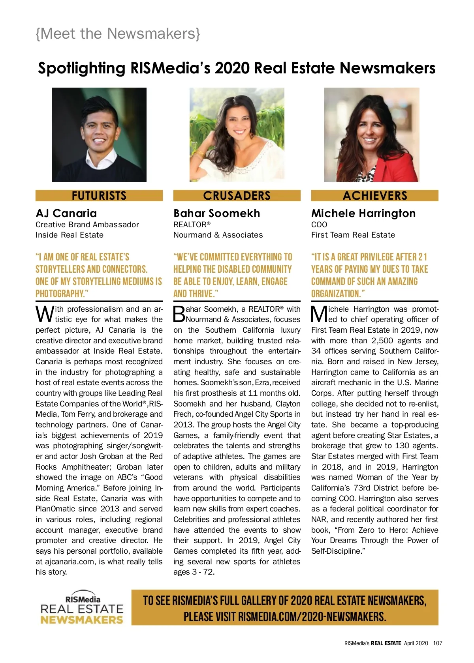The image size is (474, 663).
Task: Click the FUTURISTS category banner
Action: pyautogui.click(x=99, y=196)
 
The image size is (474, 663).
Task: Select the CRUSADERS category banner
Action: pyautogui.click(x=237, y=196)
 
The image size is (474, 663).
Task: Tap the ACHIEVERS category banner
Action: pyautogui.click(x=374, y=196)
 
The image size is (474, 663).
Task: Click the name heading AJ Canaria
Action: pyautogui.click(x=66, y=214)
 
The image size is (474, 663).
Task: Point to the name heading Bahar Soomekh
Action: pyautogui.click(x=216, y=214)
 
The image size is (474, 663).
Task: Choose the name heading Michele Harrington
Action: pyautogui.click(x=363, y=214)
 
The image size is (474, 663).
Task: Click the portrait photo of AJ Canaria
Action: pyautogui.click(x=99, y=135)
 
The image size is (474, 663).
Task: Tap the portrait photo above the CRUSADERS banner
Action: pyautogui.click(x=237, y=135)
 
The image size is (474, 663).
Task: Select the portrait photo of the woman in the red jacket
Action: pyautogui.click(x=372, y=135)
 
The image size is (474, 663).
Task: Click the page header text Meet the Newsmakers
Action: pyautogui.click(x=118, y=34)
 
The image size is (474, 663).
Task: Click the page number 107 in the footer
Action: pyautogui.click(x=437, y=643)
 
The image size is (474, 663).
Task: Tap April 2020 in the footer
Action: pyautogui.click(x=416, y=643)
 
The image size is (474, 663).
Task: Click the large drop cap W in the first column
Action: pyautogui.click(x=45, y=314)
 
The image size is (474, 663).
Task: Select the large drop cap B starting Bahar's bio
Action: pyautogui.click(x=179, y=314)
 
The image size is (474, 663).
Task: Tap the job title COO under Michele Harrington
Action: pyautogui.click(x=319, y=225)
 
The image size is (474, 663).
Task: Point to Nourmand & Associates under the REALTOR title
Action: pyautogui.click(x=218, y=235)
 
